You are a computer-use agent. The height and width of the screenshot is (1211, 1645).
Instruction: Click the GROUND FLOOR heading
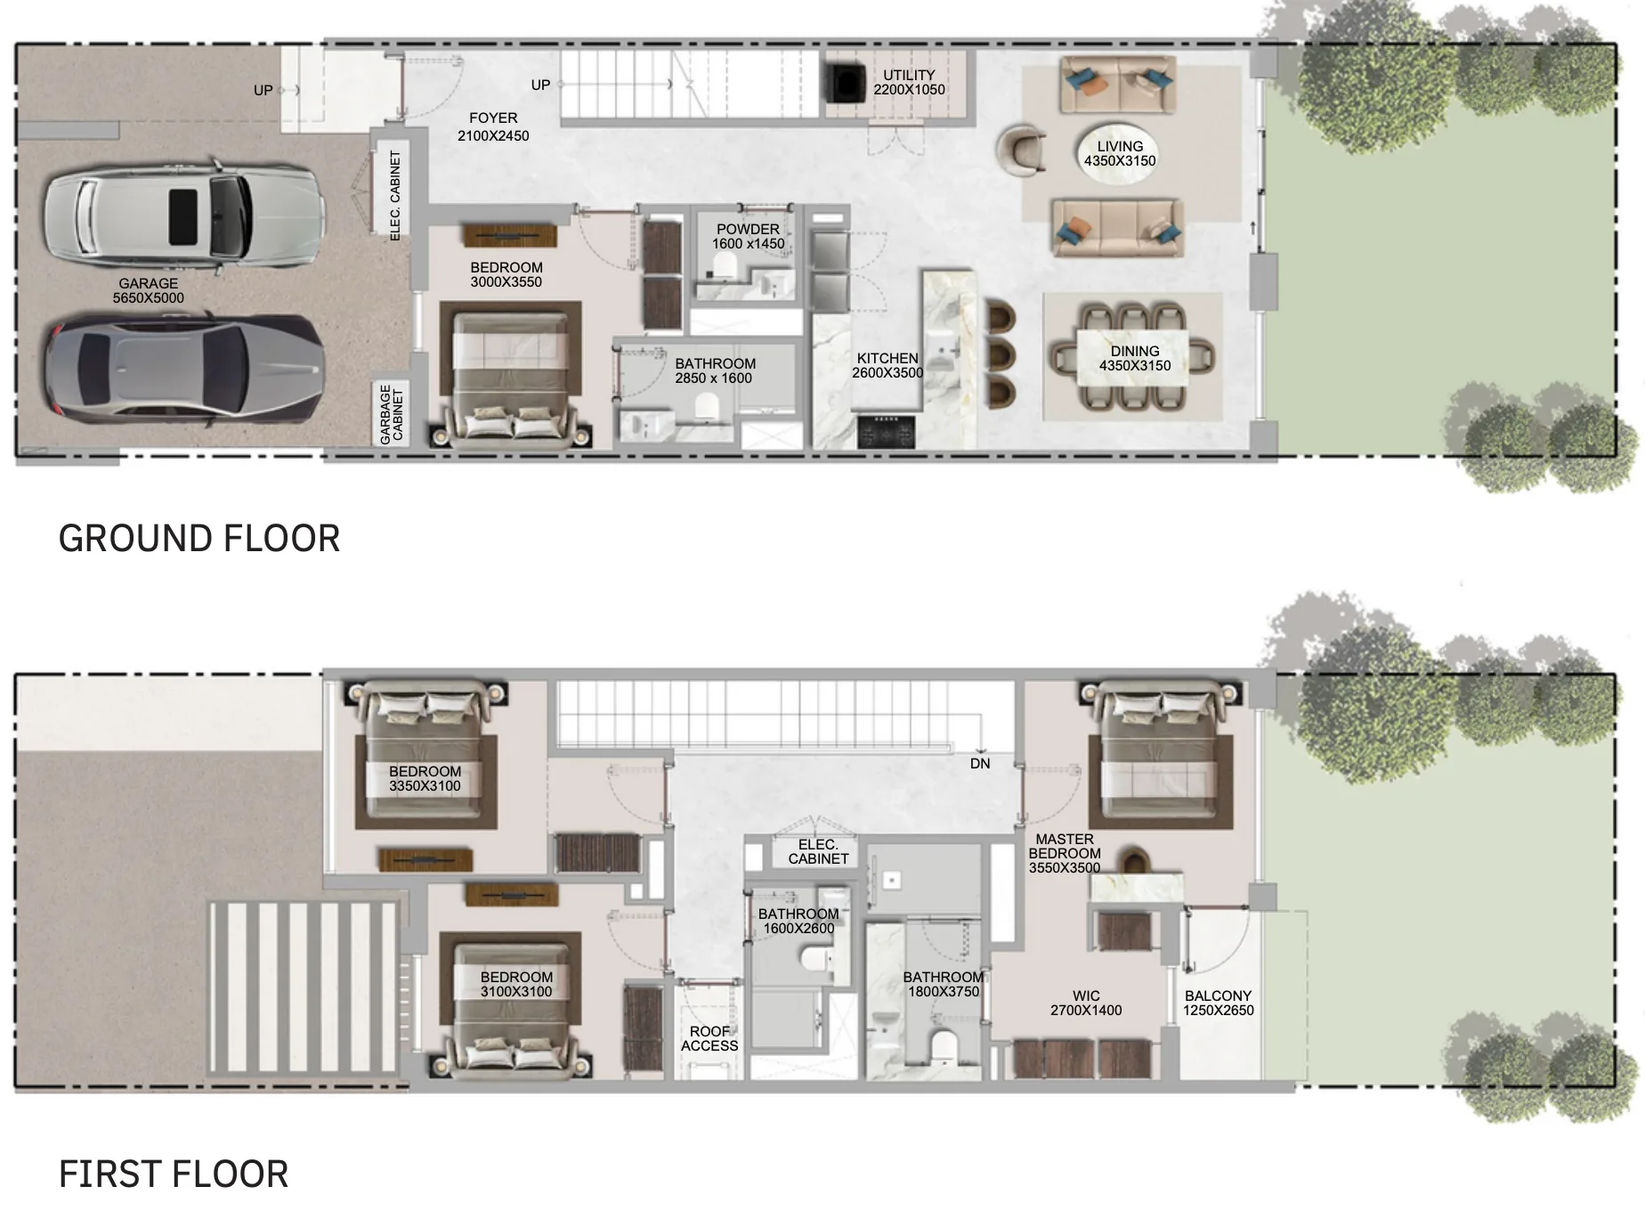pyautogui.click(x=199, y=539)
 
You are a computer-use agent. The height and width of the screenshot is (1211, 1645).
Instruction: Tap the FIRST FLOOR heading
pyautogui.click(x=174, y=1174)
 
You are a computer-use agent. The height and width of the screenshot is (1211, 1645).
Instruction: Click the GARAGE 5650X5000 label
pyautogui.click(x=149, y=290)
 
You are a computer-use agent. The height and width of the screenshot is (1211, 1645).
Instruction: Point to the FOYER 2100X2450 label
pyautogui.click(x=493, y=126)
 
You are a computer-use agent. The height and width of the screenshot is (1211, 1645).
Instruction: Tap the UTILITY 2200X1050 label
pyautogui.click(x=909, y=82)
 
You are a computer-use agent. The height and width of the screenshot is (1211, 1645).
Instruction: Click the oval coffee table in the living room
pyautogui.click(x=1119, y=153)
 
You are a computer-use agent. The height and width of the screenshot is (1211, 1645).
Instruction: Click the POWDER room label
pyautogui.click(x=748, y=236)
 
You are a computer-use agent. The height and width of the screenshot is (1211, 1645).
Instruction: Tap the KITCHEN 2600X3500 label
pyautogui.click(x=887, y=365)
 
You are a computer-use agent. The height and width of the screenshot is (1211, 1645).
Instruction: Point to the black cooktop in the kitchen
pyautogui.click(x=886, y=431)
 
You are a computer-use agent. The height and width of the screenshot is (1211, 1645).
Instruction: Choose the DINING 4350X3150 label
pyautogui.click(x=1135, y=358)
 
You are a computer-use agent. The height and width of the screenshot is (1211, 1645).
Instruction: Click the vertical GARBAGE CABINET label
pyautogui.click(x=392, y=414)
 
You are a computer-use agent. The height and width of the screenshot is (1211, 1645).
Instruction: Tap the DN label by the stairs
pyautogui.click(x=980, y=763)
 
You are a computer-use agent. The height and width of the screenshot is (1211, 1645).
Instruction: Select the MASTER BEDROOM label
pyautogui.click(x=1065, y=853)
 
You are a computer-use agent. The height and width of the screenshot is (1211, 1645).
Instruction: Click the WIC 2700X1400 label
pyautogui.click(x=1086, y=1003)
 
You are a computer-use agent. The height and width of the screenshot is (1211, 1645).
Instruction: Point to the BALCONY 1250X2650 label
pyautogui.click(x=1218, y=1003)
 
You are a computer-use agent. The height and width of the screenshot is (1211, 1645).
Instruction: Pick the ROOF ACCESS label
pyautogui.click(x=709, y=1038)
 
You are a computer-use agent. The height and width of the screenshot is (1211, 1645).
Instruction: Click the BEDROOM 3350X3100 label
pyautogui.click(x=425, y=778)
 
